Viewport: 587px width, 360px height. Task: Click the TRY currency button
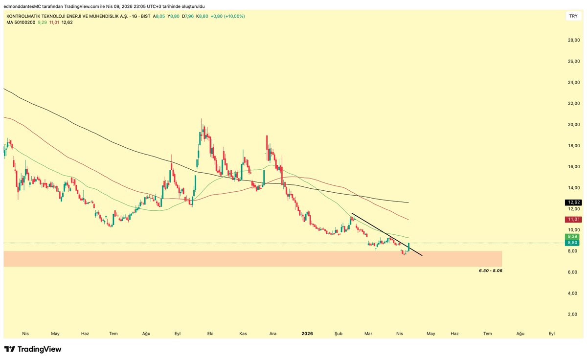click(x=573, y=16)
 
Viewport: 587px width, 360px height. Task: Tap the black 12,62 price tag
click(x=573, y=202)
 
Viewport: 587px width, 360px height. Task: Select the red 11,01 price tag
click(x=573, y=220)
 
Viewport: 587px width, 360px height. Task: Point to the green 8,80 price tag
click(x=573, y=242)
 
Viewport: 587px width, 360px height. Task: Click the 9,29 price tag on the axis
click(x=573, y=236)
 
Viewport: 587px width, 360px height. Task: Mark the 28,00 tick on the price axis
click(x=573, y=40)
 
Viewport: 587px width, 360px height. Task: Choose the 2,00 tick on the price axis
click(x=573, y=315)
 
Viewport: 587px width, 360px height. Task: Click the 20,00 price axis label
click(x=573, y=124)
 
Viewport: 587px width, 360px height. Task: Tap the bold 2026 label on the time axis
click(x=307, y=334)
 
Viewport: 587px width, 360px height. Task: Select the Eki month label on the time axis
click(x=210, y=334)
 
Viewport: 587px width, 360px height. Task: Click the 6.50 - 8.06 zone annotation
click(x=491, y=270)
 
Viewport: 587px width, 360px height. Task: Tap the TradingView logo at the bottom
click(x=33, y=349)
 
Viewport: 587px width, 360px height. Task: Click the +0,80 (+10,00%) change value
click(x=228, y=16)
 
